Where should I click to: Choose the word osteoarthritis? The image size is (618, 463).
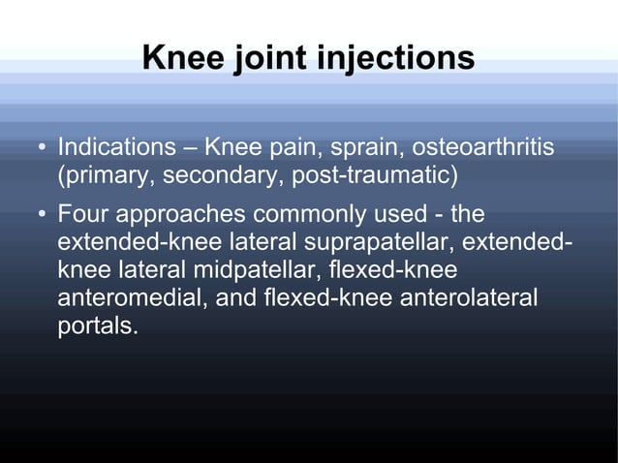[x=483, y=149]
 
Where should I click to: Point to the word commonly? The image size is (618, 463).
[x=309, y=212]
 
